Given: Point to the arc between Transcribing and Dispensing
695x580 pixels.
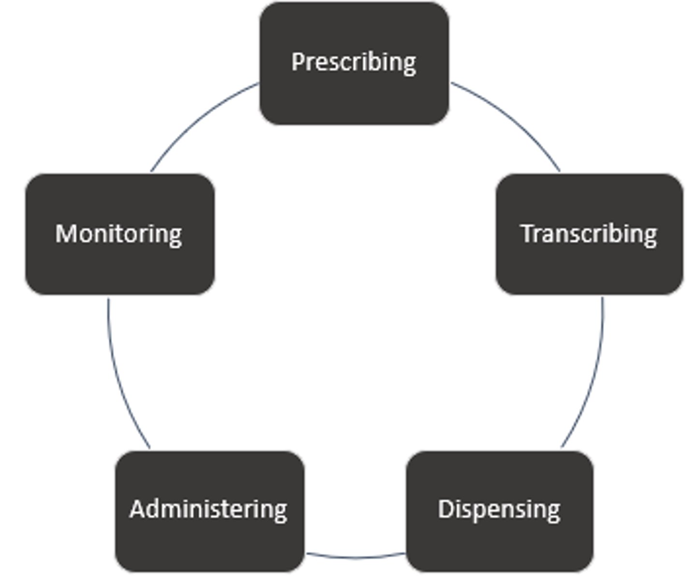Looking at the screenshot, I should (x=592, y=377).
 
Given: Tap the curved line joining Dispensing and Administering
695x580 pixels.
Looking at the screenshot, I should (x=355, y=557).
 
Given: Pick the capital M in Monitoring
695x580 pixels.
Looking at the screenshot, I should (x=67, y=233).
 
